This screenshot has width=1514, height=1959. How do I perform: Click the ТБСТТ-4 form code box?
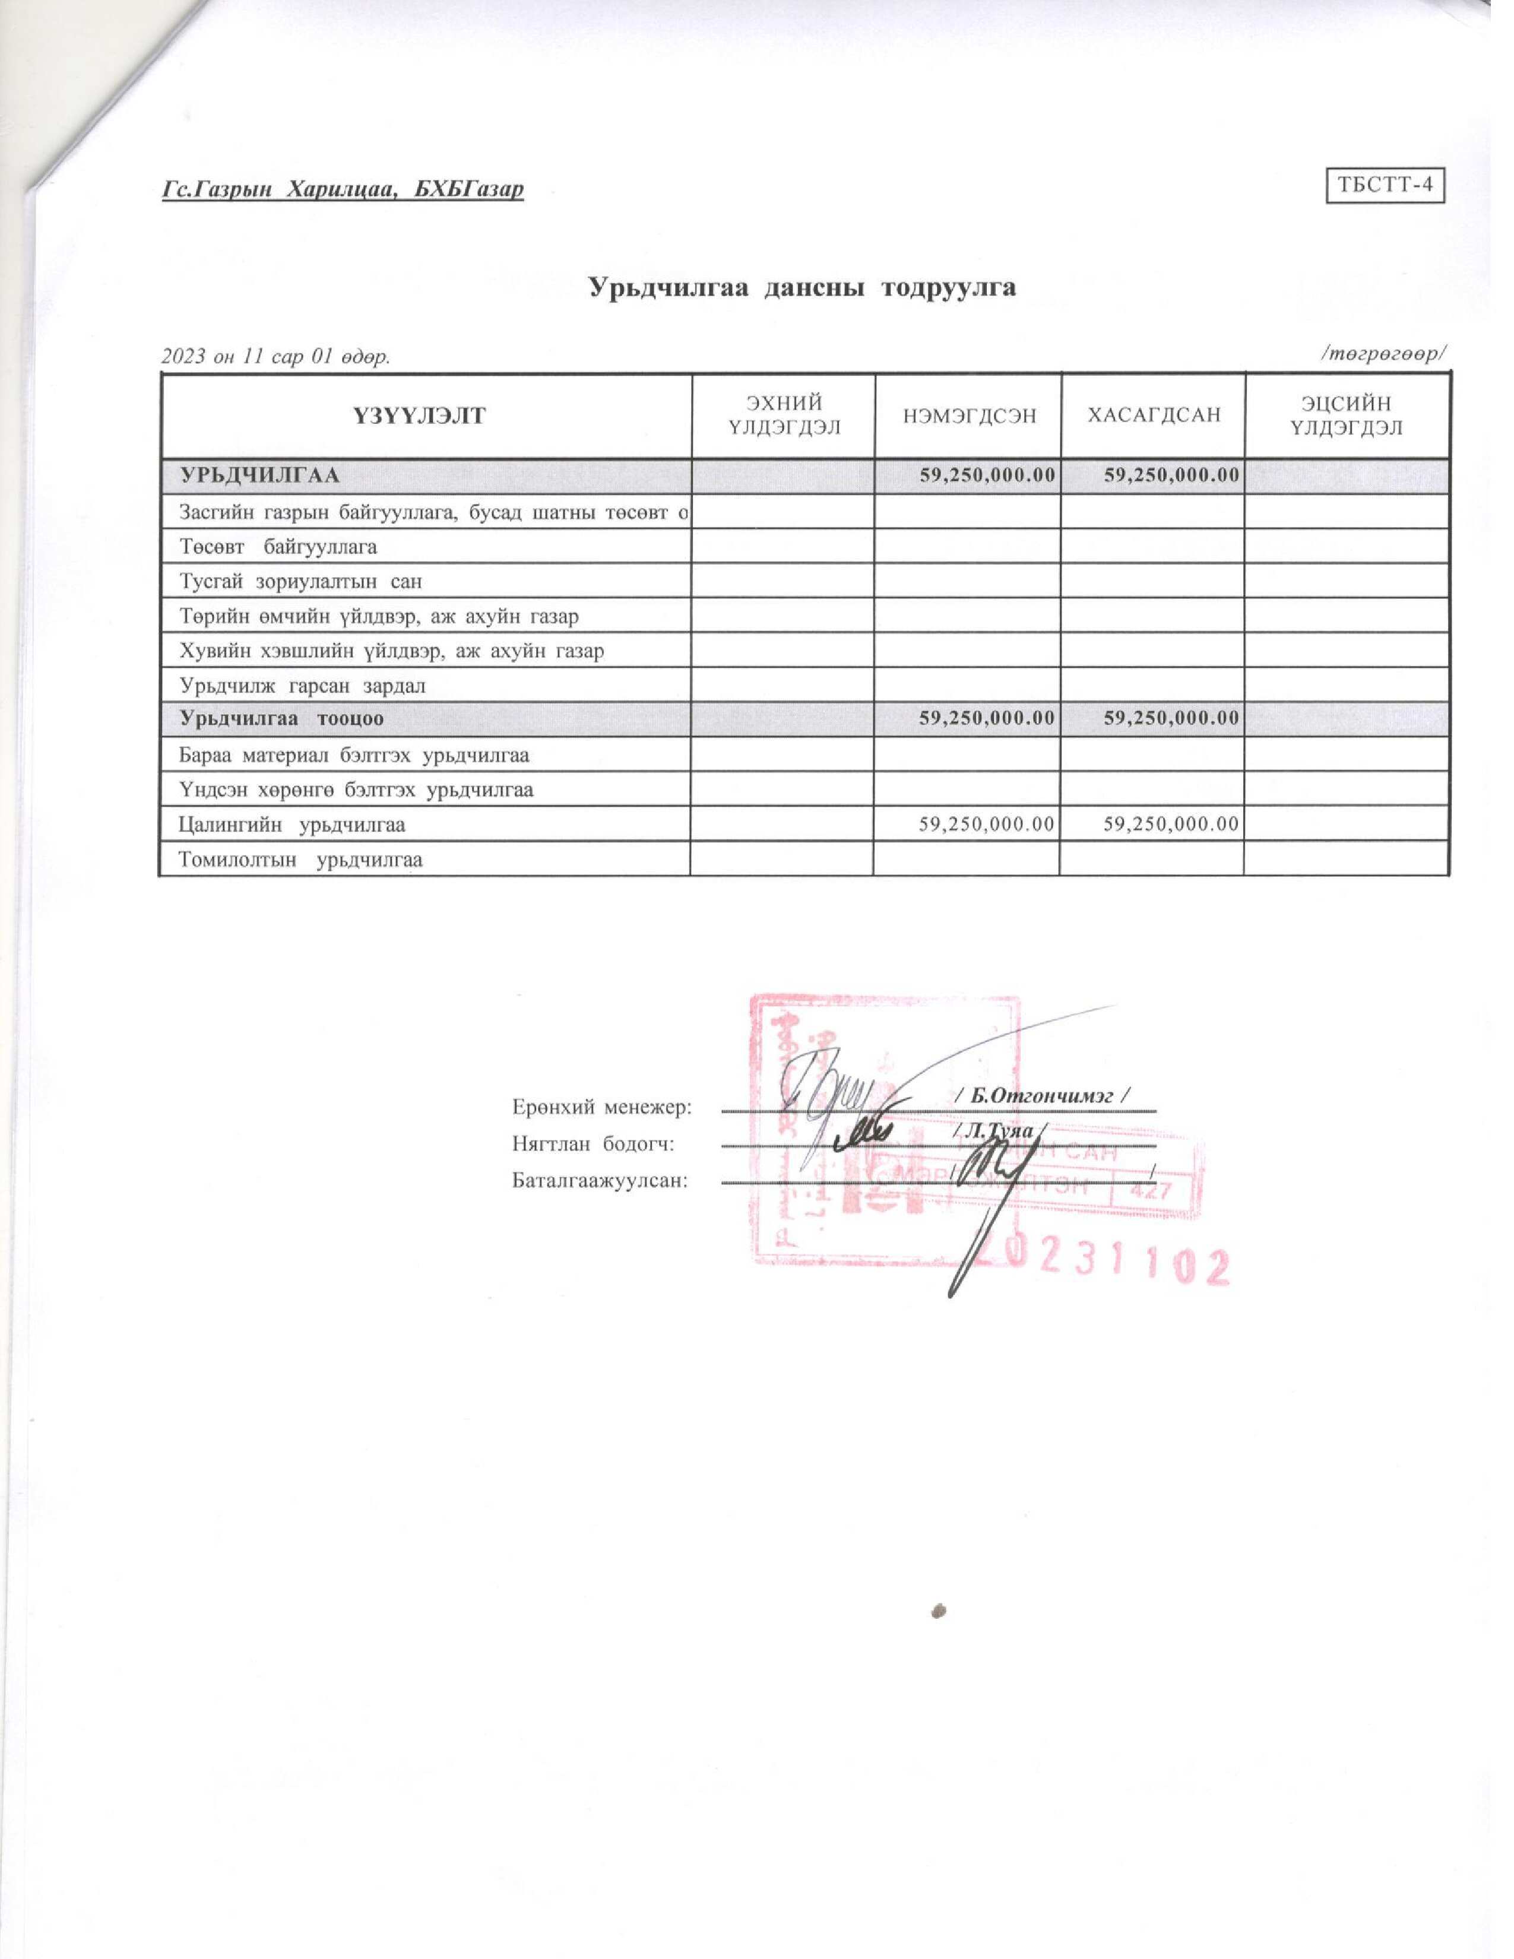(x=1385, y=186)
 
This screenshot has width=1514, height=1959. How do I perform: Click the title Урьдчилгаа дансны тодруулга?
(x=802, y=287)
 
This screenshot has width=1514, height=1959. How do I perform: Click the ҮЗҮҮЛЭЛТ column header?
(x=427, y=416)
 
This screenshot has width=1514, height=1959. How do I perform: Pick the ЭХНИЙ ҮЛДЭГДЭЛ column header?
(x=784, y=416)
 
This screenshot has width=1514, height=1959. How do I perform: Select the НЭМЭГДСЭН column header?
(x=968, y=416)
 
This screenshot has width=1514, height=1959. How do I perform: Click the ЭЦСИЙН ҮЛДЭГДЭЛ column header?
(x=1347, y=416)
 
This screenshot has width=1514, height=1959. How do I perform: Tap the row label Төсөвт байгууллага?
(x=278, y=546)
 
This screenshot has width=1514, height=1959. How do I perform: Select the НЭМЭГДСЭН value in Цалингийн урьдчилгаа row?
(x=986, y=823)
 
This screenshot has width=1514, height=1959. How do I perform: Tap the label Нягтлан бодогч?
(x=593, y=1144)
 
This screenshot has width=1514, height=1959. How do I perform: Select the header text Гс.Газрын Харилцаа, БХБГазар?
(x=343, y=189)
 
